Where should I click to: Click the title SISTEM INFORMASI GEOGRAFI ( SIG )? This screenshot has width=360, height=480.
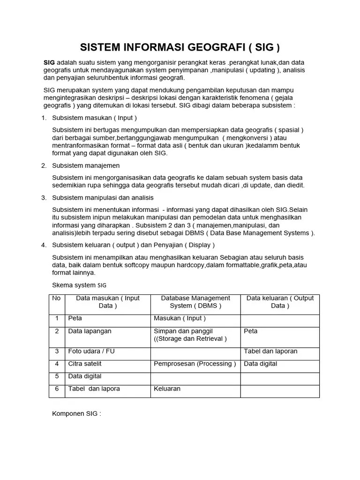(x=180, y=47)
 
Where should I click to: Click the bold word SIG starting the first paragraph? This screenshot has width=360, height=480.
(x=49, y=63)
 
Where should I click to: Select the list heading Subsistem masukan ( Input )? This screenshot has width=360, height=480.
(x=94, y=118)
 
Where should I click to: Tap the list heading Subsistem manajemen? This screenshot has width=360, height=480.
(x=86, y=165)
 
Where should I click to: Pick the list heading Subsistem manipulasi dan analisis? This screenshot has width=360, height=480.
(x=103, y=198)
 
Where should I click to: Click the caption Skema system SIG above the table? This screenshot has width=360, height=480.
(x=79, y=285)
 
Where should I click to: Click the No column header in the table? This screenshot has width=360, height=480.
(x=57, y=298)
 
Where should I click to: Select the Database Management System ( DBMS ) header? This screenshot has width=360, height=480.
(x=195, y=302)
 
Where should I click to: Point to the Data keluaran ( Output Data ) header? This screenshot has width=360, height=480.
(x=280, y=302)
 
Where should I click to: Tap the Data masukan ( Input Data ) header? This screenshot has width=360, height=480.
(x=108, y=302)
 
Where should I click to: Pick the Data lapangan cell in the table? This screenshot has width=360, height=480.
(x=90, y=331)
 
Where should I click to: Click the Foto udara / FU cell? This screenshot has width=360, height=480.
(x=91, y=351)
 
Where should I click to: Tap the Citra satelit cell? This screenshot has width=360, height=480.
(x=85, y=364)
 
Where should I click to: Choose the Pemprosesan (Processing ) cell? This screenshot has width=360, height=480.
(x=195, y=364)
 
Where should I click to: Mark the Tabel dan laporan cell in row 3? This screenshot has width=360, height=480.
(x=270, y=351)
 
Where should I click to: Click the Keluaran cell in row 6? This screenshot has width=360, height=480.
(x=167, y=389)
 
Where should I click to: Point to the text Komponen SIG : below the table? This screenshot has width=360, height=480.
(x=76, y=414)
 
